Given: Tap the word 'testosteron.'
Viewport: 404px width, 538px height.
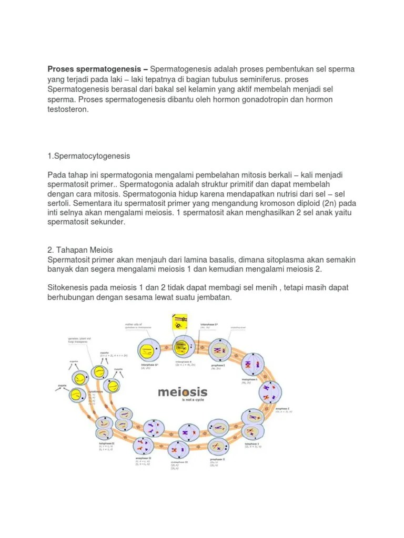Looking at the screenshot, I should coord(69,110).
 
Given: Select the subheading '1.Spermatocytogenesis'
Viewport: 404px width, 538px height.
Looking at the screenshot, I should coord(89,157).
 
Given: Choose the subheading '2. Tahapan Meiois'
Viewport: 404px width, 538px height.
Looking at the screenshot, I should coord(80,250).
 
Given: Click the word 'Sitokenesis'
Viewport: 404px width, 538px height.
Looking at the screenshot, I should coord(68,288).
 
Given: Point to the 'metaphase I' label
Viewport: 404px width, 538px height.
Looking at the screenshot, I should coord(249,379).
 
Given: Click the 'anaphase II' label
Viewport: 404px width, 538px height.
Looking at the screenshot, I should coord(143,459).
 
